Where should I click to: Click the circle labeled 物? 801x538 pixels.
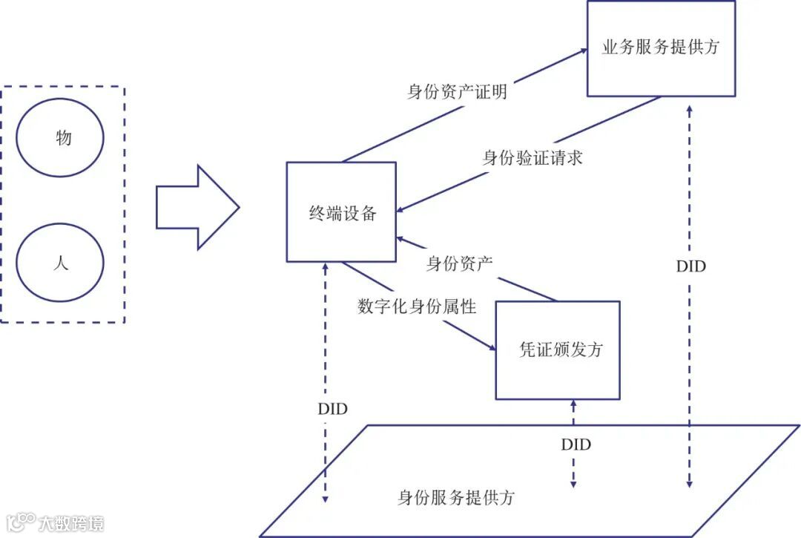pyautogui.click(x=60, y=138)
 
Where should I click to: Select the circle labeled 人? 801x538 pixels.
pyautogui.click(x=60, y=263)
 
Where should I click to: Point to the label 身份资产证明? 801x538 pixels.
pyautogui.click(x=458, y=92)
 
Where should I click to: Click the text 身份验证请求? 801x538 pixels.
pyautogui.click(x=533, y=158)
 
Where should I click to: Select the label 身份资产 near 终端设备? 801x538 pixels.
pyautogui.click(x=460, y=263)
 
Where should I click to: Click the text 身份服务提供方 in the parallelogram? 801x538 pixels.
pyautogui.click(x=456, y=498)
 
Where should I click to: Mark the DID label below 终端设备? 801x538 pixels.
pyautogui.click(x=332, y=409)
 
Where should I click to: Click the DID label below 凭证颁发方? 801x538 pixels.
pyautogui.click(x=576, y=445)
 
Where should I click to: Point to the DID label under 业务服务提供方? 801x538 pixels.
pyautogui.click(x=690, y=266)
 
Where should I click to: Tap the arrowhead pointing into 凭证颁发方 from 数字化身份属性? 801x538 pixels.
pyautogui.click(x=491, y=347)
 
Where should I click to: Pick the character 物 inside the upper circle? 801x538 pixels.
pyautogui.click(x=64, y=138)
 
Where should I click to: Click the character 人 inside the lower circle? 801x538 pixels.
pyautogui.click(x=61, y=263)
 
